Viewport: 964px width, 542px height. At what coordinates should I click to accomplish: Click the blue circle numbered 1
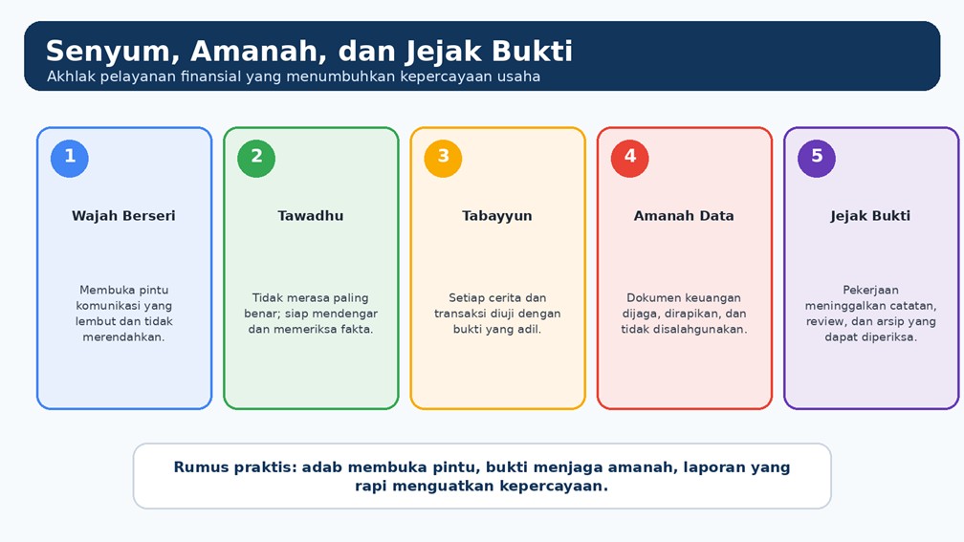[x=70, y=159]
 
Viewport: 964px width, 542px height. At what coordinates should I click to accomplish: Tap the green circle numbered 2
[x=256, y=159]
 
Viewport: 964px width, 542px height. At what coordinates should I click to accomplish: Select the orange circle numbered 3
[x=444, y=159]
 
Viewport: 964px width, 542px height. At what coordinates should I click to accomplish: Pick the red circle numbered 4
[x=630, y=159]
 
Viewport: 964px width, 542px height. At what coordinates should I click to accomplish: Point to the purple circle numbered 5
[x=817, y=159]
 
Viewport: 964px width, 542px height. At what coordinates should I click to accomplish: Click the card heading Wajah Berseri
[x=123, y=216]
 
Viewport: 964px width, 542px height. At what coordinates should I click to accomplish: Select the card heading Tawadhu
[x=311, y=216]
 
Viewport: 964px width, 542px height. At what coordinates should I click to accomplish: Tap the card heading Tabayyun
[x=496, y=216]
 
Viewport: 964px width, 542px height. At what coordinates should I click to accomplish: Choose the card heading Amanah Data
[x=684, y=216]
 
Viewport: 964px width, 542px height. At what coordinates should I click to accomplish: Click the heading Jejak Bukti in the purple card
[x=870, y=216]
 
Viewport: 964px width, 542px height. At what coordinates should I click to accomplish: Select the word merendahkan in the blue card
[x=123, y=336]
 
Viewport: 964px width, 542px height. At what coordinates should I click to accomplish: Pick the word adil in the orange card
[x=530, y=330]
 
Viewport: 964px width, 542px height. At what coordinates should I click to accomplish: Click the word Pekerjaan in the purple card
[x=870, y=290]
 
